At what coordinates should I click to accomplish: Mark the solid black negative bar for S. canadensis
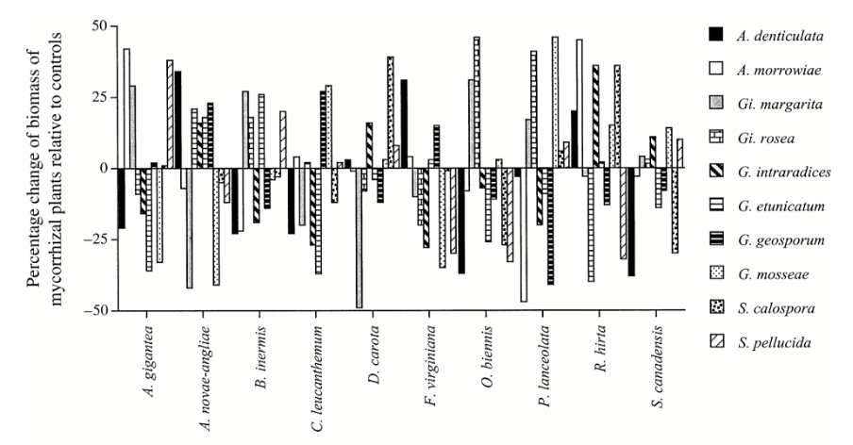tap(630, 222)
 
